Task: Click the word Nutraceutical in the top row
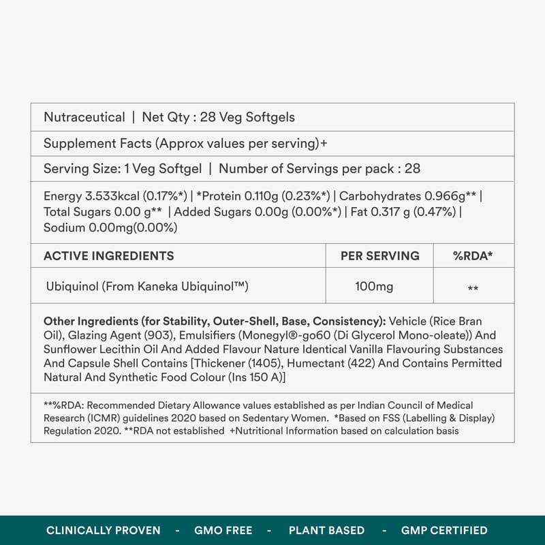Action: [84, 117]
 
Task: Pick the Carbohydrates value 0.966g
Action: [450, 196]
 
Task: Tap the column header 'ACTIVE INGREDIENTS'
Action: [108, 256]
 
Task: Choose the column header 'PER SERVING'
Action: [380, 256]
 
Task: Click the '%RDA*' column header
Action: [473, 256]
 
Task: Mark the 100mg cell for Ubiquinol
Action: [374, 287]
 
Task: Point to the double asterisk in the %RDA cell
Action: [473, 289]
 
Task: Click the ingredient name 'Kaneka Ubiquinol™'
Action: [198, 287]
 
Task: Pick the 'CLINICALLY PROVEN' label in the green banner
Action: [104, 530]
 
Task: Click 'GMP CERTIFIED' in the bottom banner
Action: [443, 530]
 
